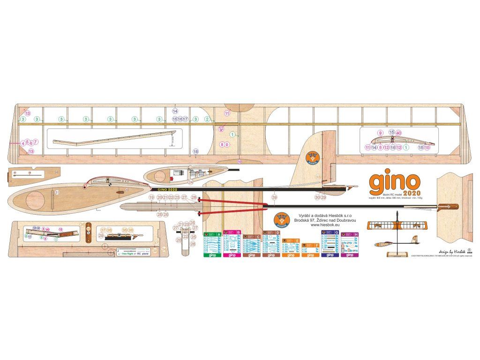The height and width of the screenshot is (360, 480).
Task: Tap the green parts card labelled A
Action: click(x=212, y=244)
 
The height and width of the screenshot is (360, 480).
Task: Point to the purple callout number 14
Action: click(x=175, y=112)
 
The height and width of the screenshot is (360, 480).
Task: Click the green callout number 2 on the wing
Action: click(x=207, y=119)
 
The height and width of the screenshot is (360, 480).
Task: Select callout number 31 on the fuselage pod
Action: click(x=57, y=192)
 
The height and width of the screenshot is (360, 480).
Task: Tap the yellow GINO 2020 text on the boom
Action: click(x=167, y=188)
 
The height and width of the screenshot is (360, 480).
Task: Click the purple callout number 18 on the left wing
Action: click(x=195, y=151)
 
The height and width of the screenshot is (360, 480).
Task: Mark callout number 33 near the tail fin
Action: click(x=318, y=177)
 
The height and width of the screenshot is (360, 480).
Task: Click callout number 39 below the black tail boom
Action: click(x=274, y=198)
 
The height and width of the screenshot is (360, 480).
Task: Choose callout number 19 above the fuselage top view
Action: click(x=151, y=198)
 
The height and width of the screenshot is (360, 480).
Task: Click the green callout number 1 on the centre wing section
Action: click(x=232, y=135)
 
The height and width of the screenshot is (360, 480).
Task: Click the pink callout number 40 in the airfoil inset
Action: click(x=398, y=133)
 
